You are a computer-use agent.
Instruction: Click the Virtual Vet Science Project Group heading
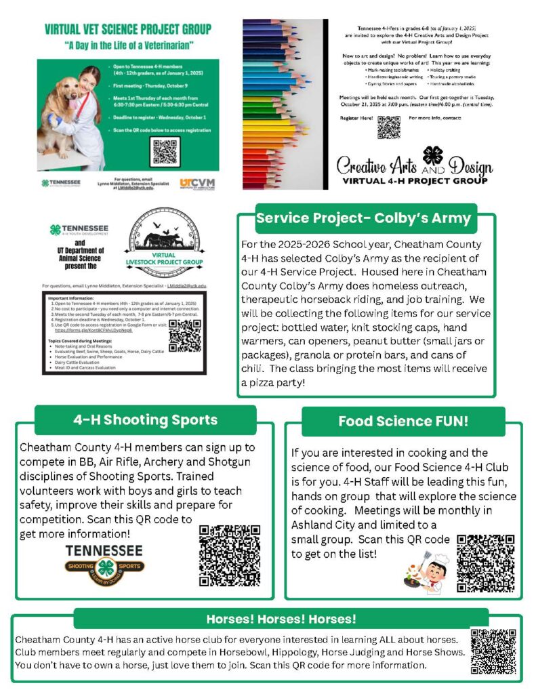[127, 30]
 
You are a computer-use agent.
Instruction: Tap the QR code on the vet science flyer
[165, 152]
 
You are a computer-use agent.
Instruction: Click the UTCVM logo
[197, 184]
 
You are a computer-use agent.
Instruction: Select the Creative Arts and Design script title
[415, 167]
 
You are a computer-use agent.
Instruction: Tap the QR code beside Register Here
[388, 127]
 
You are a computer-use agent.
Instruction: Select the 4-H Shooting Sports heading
[146, 420]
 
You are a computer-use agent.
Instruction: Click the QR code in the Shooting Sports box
[230, 555]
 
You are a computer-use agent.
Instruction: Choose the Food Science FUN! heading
[403, 422]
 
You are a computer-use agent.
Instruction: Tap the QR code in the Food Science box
[486, 563]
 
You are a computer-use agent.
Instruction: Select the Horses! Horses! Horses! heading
[281, 619]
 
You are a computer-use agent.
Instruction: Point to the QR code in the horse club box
[493, 653]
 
